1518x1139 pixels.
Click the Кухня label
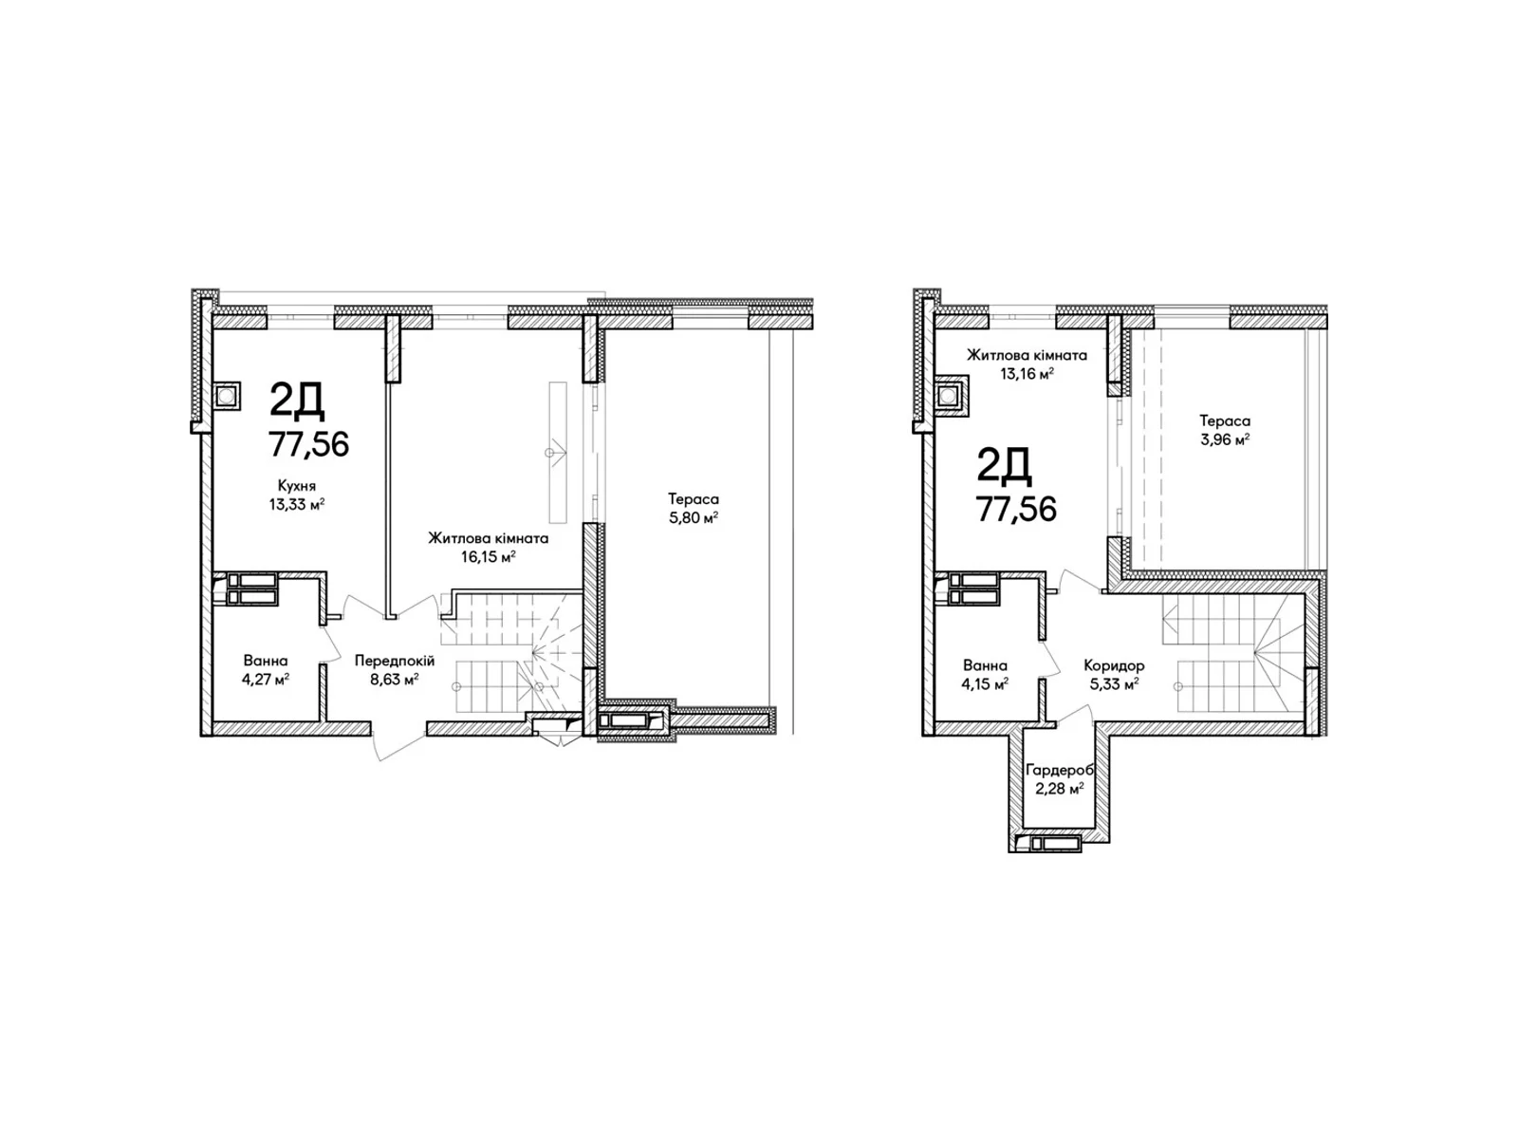click(297, 485)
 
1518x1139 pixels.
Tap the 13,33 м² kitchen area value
click(297, 504)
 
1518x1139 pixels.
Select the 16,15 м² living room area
click(489, 556)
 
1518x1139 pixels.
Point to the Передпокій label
click(394, 661)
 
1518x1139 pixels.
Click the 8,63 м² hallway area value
click(394, 679)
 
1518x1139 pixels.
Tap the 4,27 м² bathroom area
click(265, 679)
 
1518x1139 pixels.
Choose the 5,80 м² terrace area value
click(693, 517)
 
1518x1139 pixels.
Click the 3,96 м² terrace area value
click(1224, 439)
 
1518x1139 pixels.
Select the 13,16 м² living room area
click(1027, 374)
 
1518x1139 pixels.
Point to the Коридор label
click(1114, 665)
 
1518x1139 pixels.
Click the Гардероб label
click(1059, 770)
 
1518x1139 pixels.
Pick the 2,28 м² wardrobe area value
click(1059, 789)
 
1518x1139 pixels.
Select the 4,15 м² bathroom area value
click(985, 684)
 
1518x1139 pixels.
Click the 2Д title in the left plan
click(297, 401)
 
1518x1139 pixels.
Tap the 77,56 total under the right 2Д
click(1016, 509)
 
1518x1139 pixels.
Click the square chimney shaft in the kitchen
click(227, 396)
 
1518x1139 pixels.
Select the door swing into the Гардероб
click(1073, 715)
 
